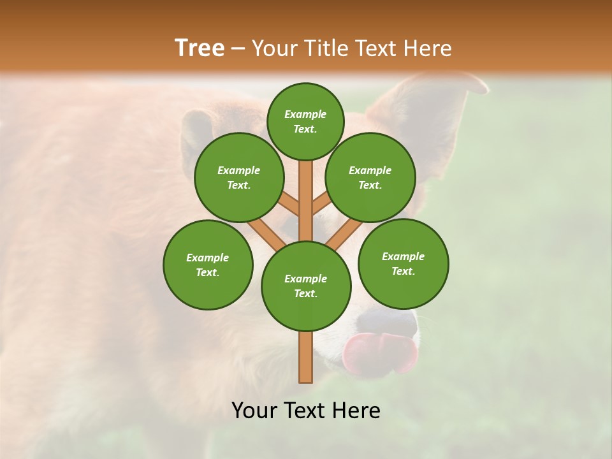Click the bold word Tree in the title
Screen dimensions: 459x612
coord(200,48)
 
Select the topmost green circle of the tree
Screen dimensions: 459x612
coord(305,121)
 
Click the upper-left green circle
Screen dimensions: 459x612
coord(239,177)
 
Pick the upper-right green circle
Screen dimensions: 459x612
coord(370,177)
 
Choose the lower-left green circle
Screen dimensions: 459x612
coord(208,265)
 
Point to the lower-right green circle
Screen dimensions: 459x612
coord(403,263)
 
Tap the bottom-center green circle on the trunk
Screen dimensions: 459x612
coord(306,286)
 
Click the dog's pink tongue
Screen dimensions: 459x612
coord(380,352)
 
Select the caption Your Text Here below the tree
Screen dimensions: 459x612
coord(306,411)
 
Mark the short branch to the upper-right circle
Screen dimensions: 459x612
coord(321,204)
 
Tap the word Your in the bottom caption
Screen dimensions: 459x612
coord(254,411)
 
